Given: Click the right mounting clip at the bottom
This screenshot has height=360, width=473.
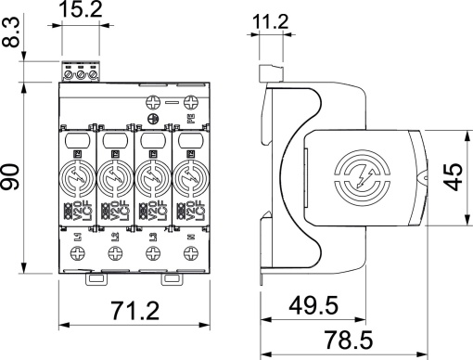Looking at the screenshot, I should (x=172, y=277).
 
